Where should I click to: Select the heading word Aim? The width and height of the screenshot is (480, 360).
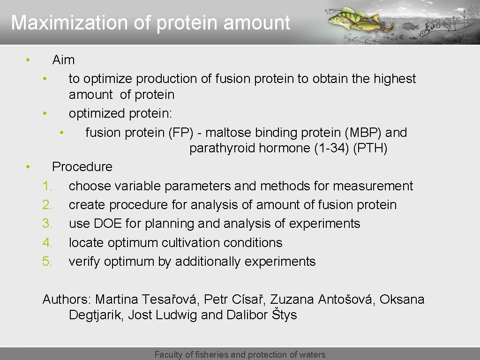[x=63, y=60]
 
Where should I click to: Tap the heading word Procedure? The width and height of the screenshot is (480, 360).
[x=82, y=167]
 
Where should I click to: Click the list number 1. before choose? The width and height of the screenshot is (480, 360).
[x=47, y=186]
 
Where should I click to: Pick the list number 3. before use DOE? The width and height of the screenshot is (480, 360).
[x=47, y=224]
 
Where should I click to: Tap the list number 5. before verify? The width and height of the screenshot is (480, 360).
[x=47, y=262]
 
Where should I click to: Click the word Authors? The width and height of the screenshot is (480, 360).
[x=67, y=299]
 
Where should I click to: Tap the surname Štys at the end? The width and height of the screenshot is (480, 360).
[x=284, y=315]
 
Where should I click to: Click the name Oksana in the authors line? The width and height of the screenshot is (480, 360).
[x=402, y=299]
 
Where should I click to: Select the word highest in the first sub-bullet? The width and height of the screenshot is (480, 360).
[x=395, y=79]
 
